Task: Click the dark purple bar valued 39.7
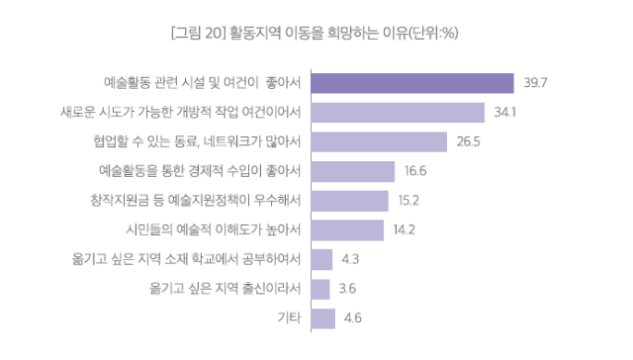tap(411, 83)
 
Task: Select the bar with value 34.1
tap(397, 113)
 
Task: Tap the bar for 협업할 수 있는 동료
tap(378, 141)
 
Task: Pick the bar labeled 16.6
tap(352, 171)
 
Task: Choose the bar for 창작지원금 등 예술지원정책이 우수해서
tap(349, 201)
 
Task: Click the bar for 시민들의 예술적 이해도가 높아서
tap(346, 230)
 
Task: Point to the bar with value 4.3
tap(321, 260)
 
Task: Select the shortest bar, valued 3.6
tap(319, 289)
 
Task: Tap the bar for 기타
tap(322, 318)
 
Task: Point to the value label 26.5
tap(469, 142)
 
